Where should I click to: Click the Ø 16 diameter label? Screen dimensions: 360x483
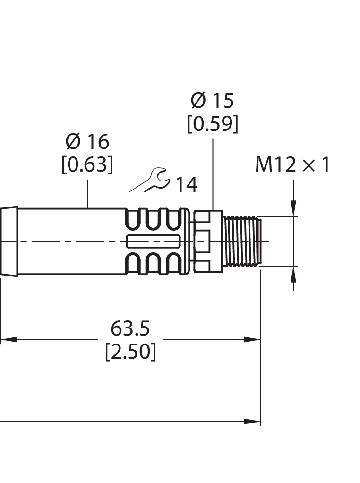point(87,141)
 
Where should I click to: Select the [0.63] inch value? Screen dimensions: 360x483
point(87,164)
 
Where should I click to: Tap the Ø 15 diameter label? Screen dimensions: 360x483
point(213,100)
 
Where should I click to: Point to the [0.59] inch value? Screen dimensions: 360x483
point(213,124)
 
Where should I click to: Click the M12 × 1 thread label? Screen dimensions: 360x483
point(292,164)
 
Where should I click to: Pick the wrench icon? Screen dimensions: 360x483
point(150,180)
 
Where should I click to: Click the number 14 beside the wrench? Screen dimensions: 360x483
point(187,185)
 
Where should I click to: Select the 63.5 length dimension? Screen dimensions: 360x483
point(130,328)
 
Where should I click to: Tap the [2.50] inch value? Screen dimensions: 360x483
point(130,352)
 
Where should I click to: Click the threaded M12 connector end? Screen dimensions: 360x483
point(242,241)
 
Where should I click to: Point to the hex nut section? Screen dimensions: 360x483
point(208,241)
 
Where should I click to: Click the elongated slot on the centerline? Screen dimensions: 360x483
point(153,241)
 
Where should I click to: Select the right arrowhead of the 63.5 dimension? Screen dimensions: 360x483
point(253,339)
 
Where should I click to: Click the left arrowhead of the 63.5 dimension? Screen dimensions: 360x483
point(9,339)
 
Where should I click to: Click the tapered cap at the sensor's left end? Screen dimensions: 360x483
point(9,241)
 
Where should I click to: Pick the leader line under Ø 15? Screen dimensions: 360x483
point(213,174)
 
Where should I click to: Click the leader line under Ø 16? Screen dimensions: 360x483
point(87,194)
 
